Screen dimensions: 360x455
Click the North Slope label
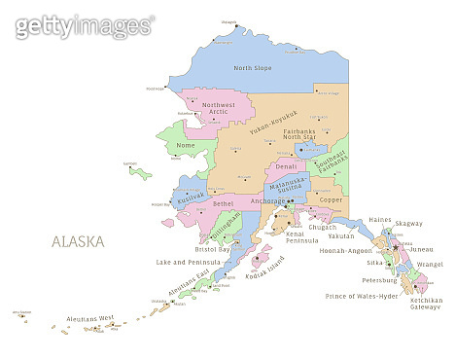(x=253, y=68)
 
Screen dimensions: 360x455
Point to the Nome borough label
(x=185, y=146)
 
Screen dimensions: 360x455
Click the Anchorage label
(x=267, y=201)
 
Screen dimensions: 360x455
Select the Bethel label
(x=223, y=203)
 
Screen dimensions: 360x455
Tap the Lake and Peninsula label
(x=191, y=262)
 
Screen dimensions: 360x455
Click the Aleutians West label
(x=90, y=318)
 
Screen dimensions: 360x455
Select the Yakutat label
(x=341, y=235)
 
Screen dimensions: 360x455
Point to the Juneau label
(x=421, y=249)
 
